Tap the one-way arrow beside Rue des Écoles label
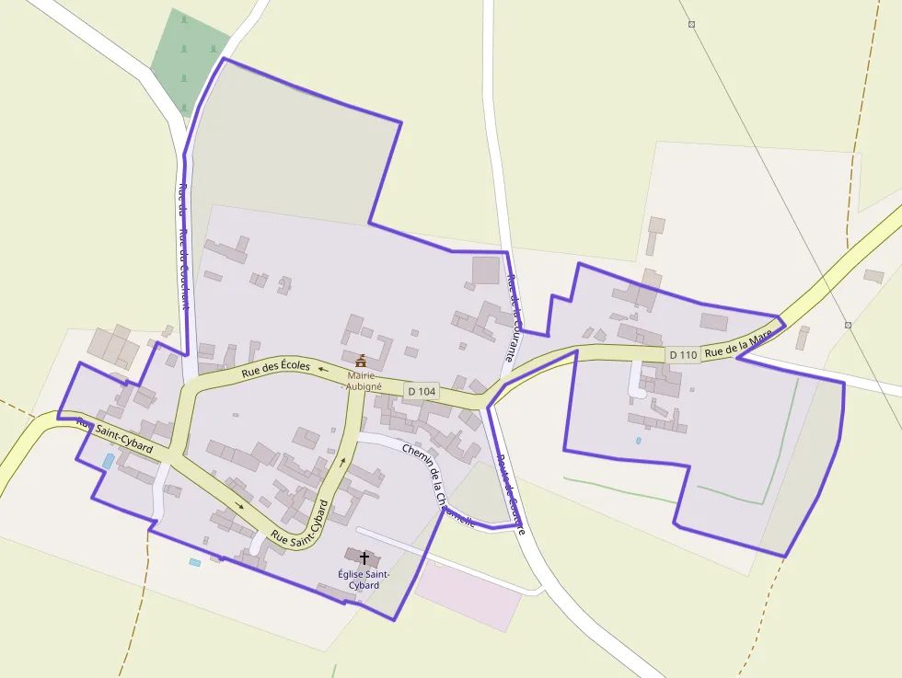tap(322, 367)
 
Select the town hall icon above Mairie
tap(361, 360)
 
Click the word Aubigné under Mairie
tap(363, 387)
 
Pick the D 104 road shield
tap(421, 391)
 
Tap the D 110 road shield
tap(683, 354)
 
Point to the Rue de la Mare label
tap(738, 346)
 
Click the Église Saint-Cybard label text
tap(364, 579)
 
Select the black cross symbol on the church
tap(364, 557)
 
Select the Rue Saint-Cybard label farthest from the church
tap(114, 434)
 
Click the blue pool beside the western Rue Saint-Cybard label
tap(109, 461)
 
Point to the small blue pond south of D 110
tap(638, 441)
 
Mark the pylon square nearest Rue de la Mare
tap(847, 325)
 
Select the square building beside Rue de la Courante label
tap(485, 270)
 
